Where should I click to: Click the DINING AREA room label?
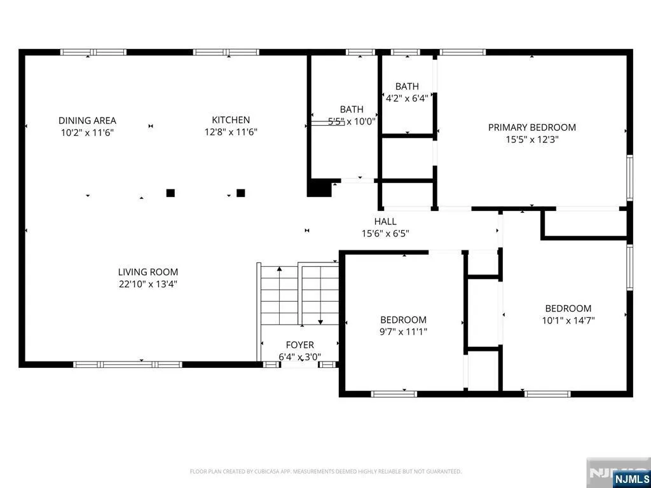click(87, 121)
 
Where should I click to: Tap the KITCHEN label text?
click(231, 120)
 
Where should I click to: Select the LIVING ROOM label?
click(147, 272)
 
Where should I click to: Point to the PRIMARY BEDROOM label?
click(532, 127)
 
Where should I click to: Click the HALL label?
click(385, 222)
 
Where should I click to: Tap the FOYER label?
click(300, 345)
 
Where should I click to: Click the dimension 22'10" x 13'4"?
click(147, 284)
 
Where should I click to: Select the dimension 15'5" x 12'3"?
click(532, 139)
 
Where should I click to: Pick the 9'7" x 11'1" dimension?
click(403, 332)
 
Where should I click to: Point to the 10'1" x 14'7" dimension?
click(568, 320)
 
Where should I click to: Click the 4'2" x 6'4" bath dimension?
click(407, 98)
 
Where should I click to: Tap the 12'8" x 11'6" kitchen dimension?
click(231, 132)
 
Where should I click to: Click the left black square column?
click(170, 193)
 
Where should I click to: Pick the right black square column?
click(241, 193)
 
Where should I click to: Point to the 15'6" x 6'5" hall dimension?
click(385, 234)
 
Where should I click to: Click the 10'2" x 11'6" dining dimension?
click(87, 133)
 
